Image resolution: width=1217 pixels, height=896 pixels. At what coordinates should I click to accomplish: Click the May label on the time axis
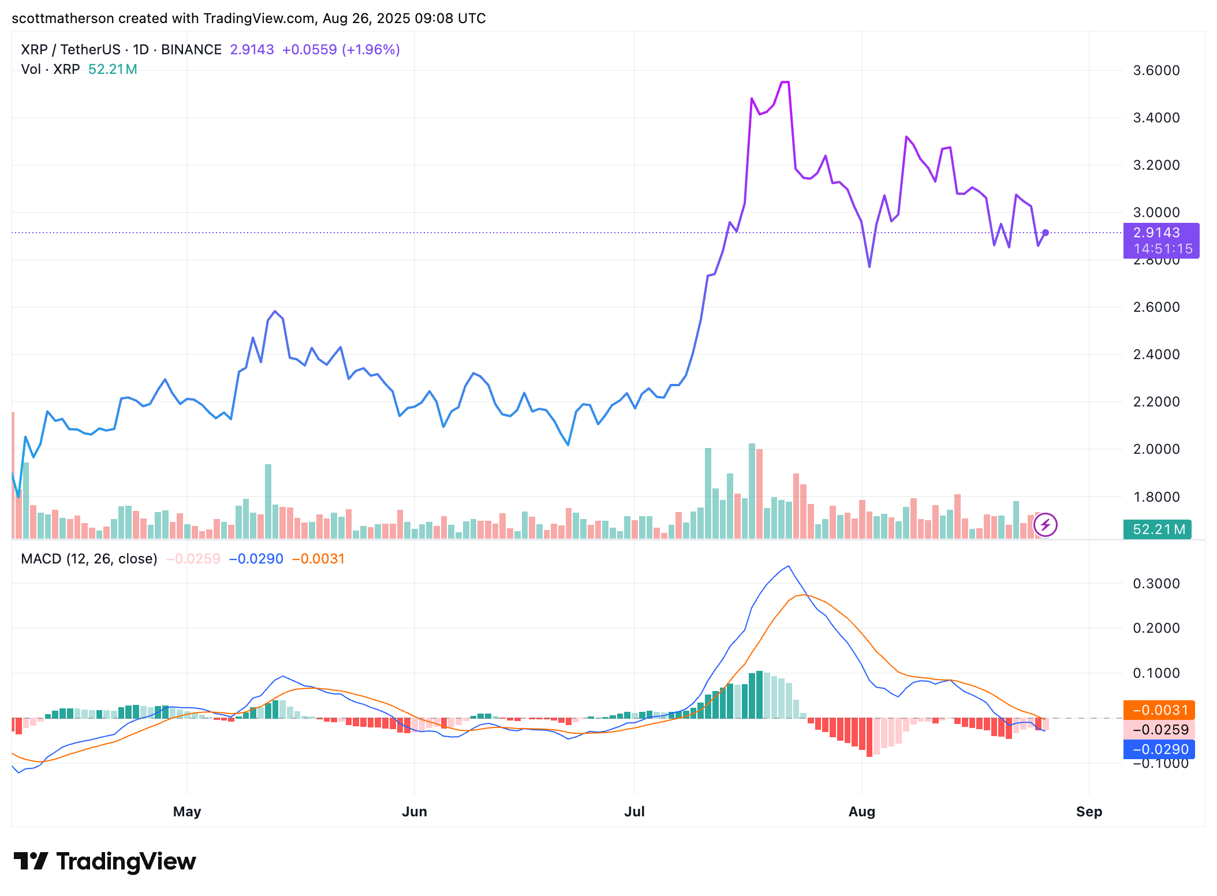[186, 811]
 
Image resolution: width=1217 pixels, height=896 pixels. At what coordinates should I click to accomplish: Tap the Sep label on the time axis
[1089, 811]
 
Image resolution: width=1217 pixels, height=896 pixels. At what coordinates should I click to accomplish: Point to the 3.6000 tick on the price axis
[1156, 70]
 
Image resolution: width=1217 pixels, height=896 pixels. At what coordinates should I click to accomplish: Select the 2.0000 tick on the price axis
[1156, 449]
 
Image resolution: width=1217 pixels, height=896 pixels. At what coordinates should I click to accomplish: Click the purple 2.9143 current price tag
[1160, 233]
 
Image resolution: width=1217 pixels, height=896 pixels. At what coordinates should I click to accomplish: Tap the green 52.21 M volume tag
[1157, 529]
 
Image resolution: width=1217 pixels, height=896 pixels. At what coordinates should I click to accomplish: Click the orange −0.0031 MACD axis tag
[1159, 710]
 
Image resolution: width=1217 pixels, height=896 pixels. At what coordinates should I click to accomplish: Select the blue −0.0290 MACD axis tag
[1159, 749]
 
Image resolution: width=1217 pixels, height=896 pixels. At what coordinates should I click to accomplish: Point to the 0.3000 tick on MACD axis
[1156, 584]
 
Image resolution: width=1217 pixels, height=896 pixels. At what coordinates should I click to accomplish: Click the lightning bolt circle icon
[1046, 525]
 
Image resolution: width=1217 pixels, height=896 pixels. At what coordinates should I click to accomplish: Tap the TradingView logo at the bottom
[104, 861]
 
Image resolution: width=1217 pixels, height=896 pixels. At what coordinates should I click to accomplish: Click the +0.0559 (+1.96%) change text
[341, 50]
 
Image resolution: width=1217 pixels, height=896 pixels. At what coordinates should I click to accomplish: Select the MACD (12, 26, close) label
[89, 559]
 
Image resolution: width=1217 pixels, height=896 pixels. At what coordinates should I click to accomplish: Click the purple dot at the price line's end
[1046, 233]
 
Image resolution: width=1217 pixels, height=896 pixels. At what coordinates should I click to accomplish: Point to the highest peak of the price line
[785, 83]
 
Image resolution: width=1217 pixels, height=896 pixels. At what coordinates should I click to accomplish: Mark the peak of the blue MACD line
[789, 566]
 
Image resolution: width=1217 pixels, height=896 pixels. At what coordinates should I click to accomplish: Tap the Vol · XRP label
[50, 69]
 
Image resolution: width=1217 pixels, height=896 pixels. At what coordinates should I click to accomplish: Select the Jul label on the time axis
[634, 811]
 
